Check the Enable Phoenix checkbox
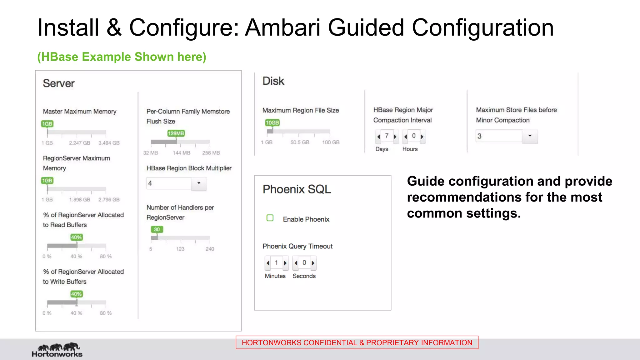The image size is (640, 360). click(270, 218)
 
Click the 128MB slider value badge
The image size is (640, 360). click(176, 133)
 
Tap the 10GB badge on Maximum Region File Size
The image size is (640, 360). click(272, 123)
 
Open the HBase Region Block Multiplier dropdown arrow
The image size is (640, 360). click(199, 183)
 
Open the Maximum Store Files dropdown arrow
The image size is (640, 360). click(530, 136)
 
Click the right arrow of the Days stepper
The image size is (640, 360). click(395, 137)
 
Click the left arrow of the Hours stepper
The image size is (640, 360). click(406, 137)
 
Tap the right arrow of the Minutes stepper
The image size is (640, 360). click(285, 263)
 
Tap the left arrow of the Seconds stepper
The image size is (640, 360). click(296, 263)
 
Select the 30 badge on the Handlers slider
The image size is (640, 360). click(157, 229)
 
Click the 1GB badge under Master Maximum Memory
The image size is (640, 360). click(47, 124)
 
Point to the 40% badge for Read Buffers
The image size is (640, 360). click(76, 237)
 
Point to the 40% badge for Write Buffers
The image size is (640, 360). click(76, 294)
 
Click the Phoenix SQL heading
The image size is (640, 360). click(297, 189)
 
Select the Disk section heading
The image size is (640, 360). click(273, 81)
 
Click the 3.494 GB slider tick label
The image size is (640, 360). click(109, 143)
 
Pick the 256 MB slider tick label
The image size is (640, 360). click(211, 153)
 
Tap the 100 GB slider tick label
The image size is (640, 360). click(331, 142)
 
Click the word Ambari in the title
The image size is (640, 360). click(283, 27)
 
